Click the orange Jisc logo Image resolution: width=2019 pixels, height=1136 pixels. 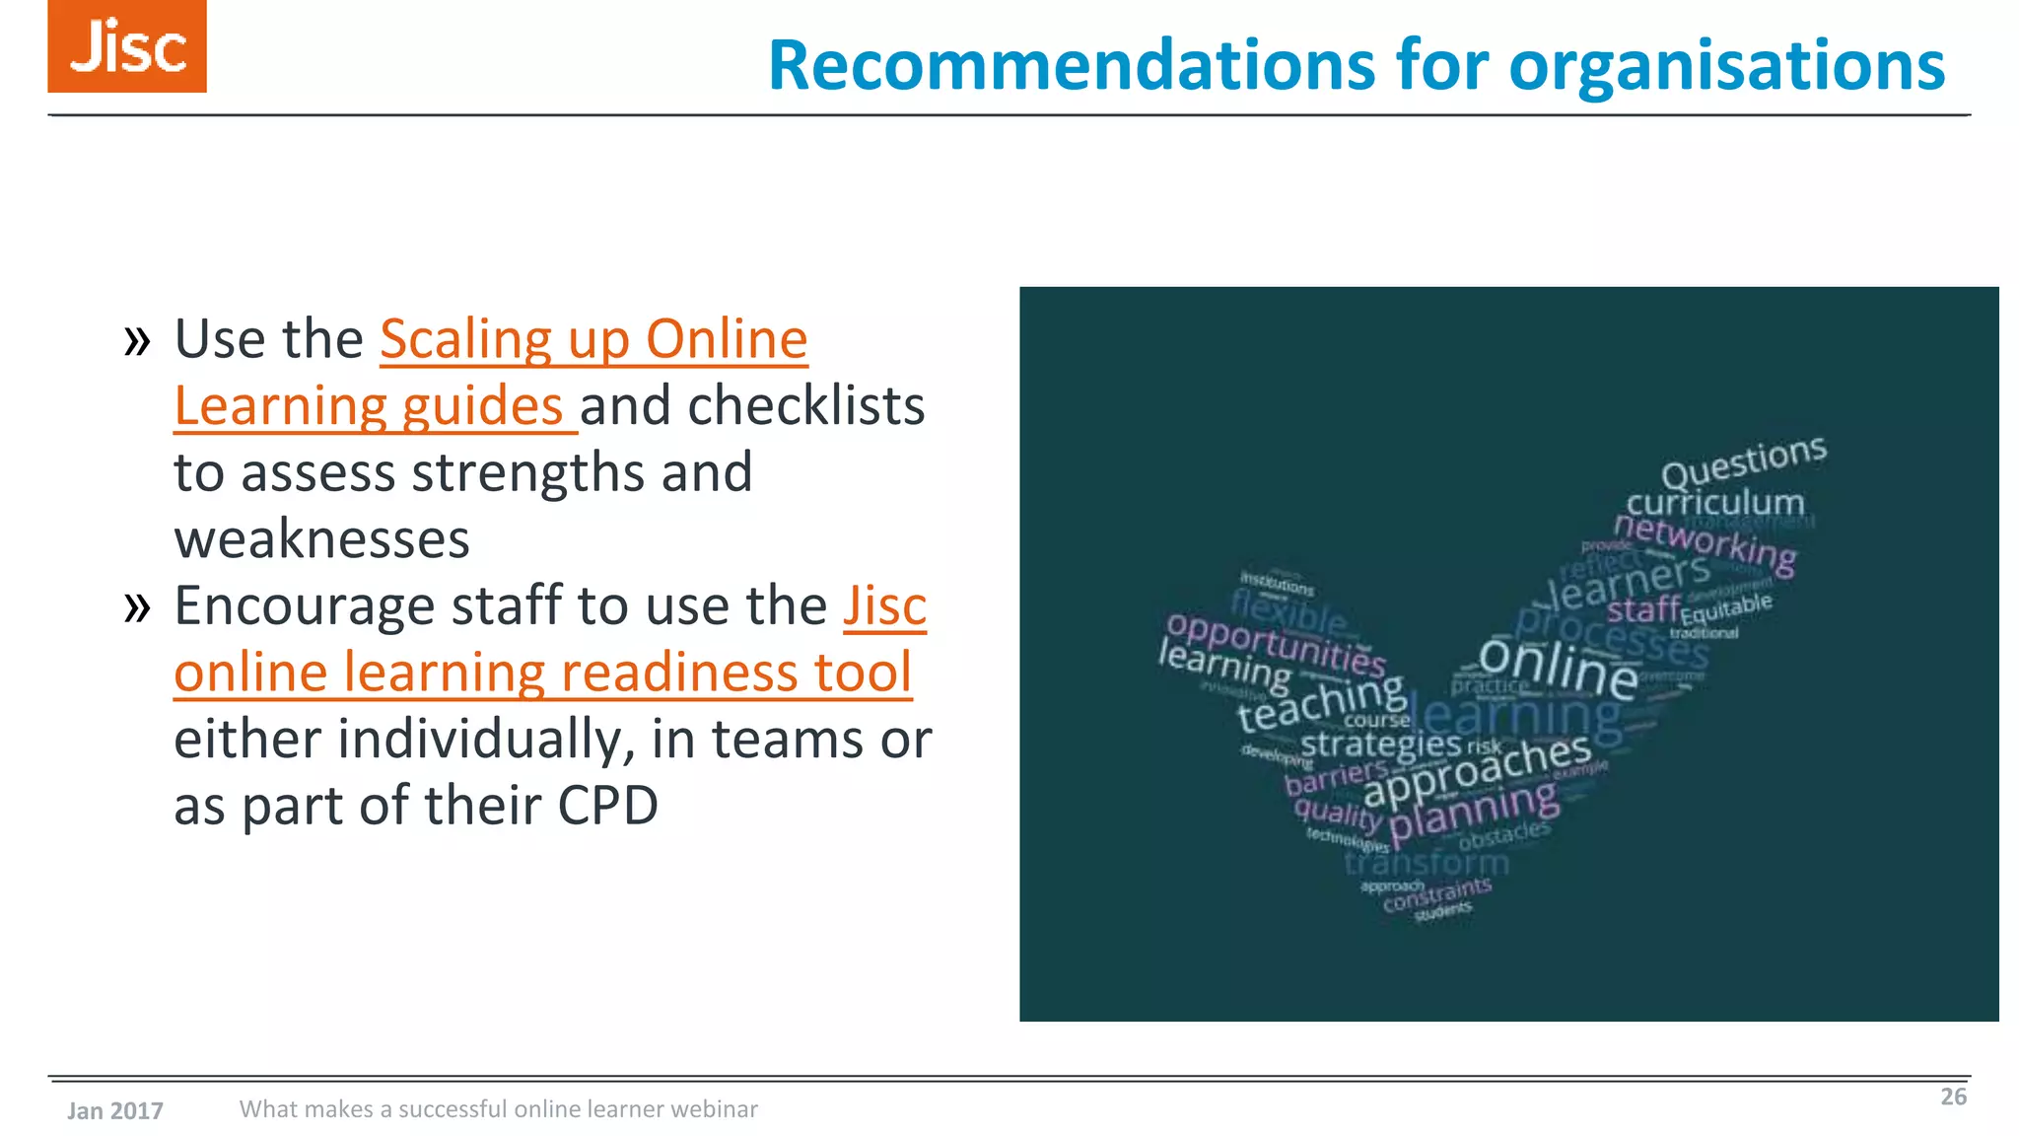pos(127,46)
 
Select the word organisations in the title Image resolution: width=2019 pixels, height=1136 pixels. pos(1726,65)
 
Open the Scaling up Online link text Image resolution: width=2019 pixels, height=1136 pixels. pos(593,340)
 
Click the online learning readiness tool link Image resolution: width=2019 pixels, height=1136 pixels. pos(542,673)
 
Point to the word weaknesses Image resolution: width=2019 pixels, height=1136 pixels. pos(322,539)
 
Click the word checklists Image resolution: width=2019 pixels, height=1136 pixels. pos(805,406)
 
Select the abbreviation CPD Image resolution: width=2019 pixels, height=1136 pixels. pos(607,806)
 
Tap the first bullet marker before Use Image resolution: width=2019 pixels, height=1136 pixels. pos(137,341)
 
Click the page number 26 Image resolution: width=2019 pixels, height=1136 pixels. pos(1953,1097)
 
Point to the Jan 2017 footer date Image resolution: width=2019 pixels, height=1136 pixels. pos(115,1111)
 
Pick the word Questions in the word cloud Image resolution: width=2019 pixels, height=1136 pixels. pos(1743,461)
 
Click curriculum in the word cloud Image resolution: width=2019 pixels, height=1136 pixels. pos(1714,503)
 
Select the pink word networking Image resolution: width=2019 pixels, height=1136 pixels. pos(1706,542)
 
